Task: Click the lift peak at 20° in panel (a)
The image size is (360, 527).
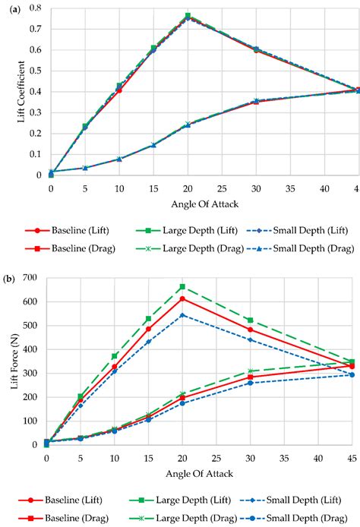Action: [188, 16]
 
